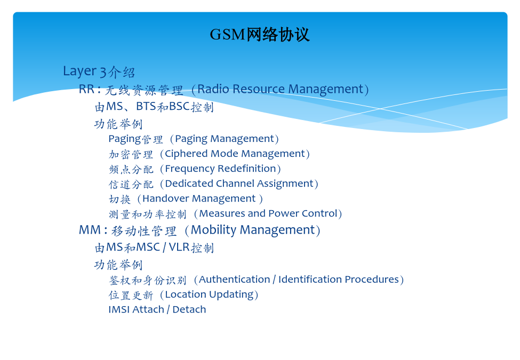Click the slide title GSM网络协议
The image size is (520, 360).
point(260,35)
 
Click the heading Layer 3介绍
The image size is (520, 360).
point(99,71)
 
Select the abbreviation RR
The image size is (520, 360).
point(87,89)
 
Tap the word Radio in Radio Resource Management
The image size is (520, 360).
point(213,89)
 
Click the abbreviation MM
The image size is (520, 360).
point(90,230)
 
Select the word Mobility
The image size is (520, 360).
point(213,230)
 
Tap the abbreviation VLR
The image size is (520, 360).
point(179,247)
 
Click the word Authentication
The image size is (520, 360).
point(235,279)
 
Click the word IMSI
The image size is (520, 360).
point(119,310)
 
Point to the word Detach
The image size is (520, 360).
point(189,310)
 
